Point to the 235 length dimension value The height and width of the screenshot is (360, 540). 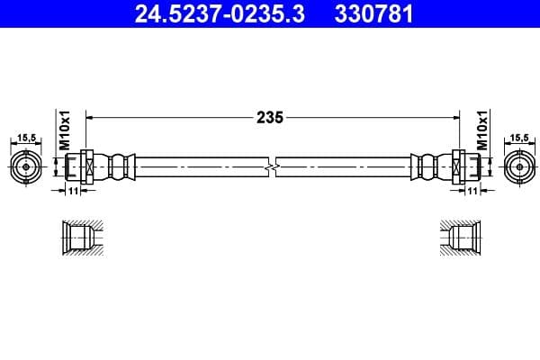coord(271,117)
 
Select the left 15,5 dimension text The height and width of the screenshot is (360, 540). coord(27,138)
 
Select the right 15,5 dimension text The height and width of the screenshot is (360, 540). coord(518,138)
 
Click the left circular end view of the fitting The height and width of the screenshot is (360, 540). coord(28,167)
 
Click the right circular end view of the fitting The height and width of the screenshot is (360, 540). coord(517,167)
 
